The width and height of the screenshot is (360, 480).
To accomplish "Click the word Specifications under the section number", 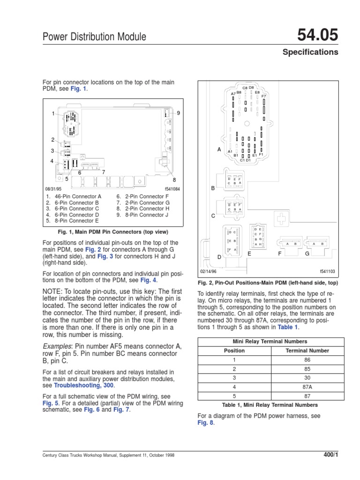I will tap(310, 52).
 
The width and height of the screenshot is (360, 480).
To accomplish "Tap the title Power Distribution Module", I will tap(94, 37).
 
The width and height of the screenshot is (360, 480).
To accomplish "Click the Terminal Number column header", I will tap(307, 351).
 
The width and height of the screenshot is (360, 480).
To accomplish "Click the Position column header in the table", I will tap(234, 351).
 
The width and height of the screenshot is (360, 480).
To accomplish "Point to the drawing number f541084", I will tap(172, 189).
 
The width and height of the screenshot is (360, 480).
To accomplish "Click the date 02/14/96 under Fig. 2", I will tap(210, 271).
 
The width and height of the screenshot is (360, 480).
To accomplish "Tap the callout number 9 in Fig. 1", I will tap(178, 113).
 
